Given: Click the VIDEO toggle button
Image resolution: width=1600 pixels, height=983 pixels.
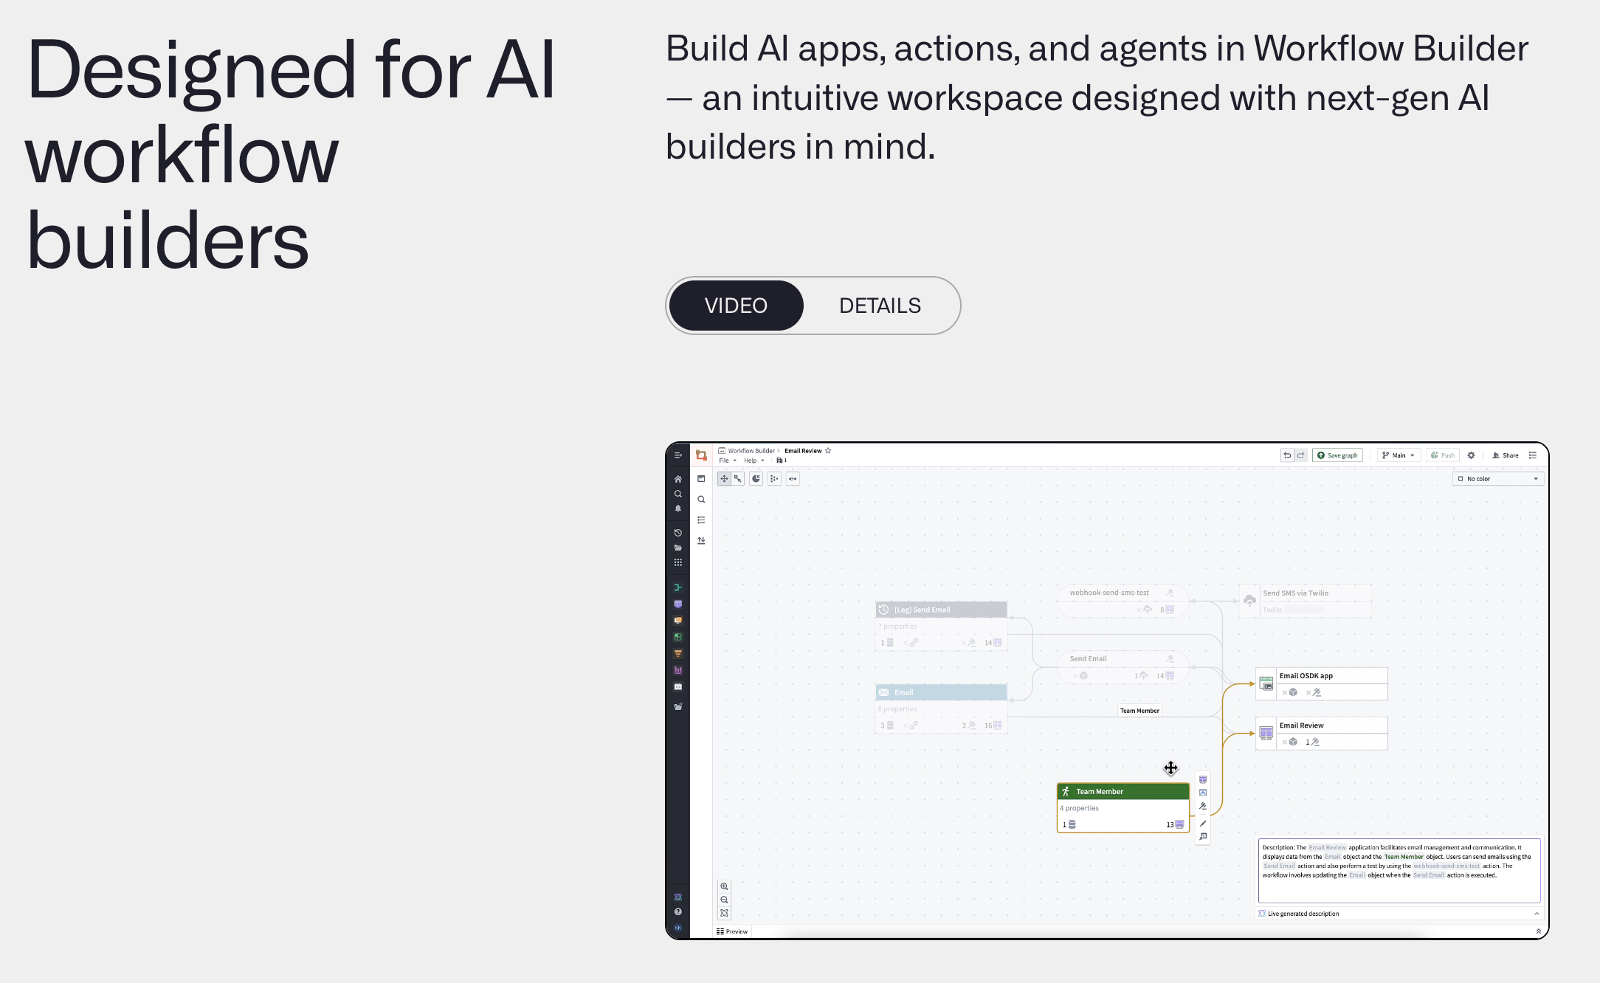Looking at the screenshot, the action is (735, 306).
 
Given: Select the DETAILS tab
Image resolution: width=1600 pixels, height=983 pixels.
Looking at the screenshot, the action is (880, 306).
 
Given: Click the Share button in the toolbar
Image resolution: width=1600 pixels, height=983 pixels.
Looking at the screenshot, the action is (1506, 455).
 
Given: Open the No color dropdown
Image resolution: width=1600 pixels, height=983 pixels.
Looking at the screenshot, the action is (1498, 479).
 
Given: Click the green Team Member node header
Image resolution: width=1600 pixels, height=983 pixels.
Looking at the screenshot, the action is (1123, 791).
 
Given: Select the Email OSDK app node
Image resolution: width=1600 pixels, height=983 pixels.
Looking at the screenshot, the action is (1320, 676).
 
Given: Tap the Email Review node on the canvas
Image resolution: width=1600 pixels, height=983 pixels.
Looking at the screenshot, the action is (1320, 725).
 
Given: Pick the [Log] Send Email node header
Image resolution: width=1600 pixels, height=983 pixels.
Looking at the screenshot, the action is (941, 610).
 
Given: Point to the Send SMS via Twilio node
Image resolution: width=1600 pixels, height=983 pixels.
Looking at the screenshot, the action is (1303, 593).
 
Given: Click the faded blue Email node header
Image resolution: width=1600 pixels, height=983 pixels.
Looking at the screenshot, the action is (941, 692).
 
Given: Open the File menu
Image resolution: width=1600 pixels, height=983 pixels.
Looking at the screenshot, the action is (725, 461).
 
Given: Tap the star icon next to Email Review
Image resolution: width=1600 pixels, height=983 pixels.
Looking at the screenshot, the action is (828, 451).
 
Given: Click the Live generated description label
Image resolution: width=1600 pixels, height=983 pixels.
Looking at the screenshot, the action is (1303, 914).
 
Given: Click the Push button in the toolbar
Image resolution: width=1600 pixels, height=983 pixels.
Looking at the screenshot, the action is (1443, 455).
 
